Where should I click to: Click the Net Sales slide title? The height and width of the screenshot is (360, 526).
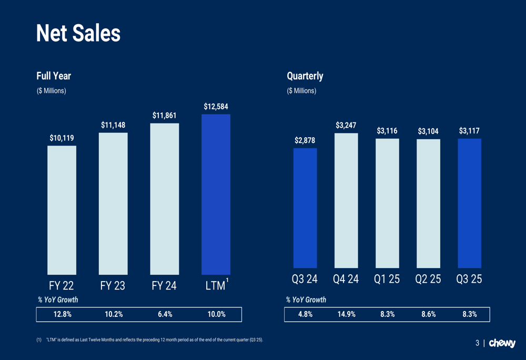[78, 34]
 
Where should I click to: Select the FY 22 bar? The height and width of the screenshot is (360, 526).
[62, 210]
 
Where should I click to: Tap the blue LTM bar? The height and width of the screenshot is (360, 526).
[216, 194]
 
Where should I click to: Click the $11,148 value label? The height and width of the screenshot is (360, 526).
[113, 125]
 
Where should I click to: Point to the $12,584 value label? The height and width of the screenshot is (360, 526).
[216, 107]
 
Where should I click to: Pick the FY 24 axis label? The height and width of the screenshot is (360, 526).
[164, 286]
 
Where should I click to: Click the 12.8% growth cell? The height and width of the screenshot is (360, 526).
[63, 314]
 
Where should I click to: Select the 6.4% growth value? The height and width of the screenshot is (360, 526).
[165, 314]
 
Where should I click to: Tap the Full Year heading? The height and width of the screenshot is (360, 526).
[54, 76]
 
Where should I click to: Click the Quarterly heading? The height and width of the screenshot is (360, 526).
[305, 76]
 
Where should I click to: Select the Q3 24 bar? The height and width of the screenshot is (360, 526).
[305, 208]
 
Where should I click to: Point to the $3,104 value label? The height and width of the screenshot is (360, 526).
[428, 131]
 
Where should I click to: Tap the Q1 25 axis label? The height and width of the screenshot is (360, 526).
[387, 279]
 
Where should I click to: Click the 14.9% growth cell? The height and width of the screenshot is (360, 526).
[346, 314]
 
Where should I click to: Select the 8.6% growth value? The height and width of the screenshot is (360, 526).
[428, 314]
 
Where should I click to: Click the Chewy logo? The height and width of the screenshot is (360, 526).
[502, 343]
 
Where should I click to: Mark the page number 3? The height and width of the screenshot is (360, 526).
[478, 343]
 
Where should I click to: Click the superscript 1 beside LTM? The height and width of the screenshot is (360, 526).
[227, 280]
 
